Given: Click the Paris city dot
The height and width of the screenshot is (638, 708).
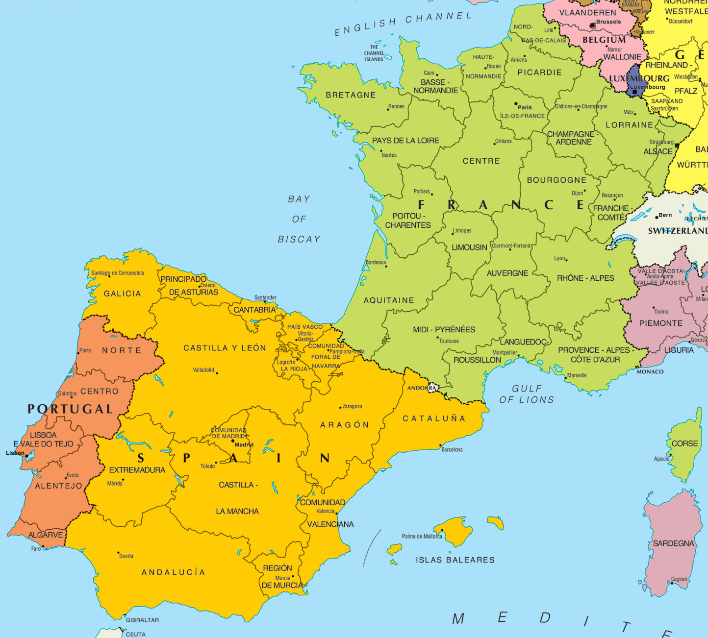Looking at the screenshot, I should pyautogui.click(x=516, y=104).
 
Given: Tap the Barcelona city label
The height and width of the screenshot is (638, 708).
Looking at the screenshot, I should pyautogui.click(x=452, y=449).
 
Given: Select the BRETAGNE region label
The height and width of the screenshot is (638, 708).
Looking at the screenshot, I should pyautogui.click(x=351, y=95).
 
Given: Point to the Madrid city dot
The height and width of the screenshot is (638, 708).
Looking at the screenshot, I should pyautogui.click(x=233, y=441).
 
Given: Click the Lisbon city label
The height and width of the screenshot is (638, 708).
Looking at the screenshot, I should pyautogui.click(x=15, y=453).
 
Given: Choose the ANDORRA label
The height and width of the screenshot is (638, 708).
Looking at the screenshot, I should pyautogui.click(x=422, y=388).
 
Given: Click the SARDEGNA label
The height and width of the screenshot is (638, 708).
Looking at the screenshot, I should pyautogui.click(x=673, y=543).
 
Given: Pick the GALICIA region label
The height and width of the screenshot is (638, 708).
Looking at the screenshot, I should pyautogui.click(x=122, y=294).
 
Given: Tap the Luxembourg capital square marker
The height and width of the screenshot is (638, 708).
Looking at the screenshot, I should pyautogui.click(x=634, y=92).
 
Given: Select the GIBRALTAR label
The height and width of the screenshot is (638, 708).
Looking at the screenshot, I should pyautogui.click(x=142, y=620).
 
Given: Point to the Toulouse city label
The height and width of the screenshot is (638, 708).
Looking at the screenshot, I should pyautogui.click(x=449, y=341).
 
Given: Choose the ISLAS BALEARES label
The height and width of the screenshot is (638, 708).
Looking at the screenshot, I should pyautogui.click(x=455, y=560).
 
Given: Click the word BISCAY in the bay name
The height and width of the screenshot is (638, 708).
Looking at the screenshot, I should pyautogui.click(x=299, y=239).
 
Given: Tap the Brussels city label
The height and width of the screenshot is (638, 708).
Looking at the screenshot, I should pyautogui.click(x=608, y=22).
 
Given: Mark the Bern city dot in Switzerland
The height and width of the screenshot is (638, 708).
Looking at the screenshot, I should pyautogui.click(x=657, y=217).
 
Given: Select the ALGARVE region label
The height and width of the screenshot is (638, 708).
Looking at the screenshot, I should pyautogui.click(x=46, y=535).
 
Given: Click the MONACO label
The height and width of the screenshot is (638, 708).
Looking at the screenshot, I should pyautogui.click(x=650, y=371).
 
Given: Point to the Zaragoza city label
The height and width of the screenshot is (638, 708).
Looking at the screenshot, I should pyautogui.click(x=352, y=406).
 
